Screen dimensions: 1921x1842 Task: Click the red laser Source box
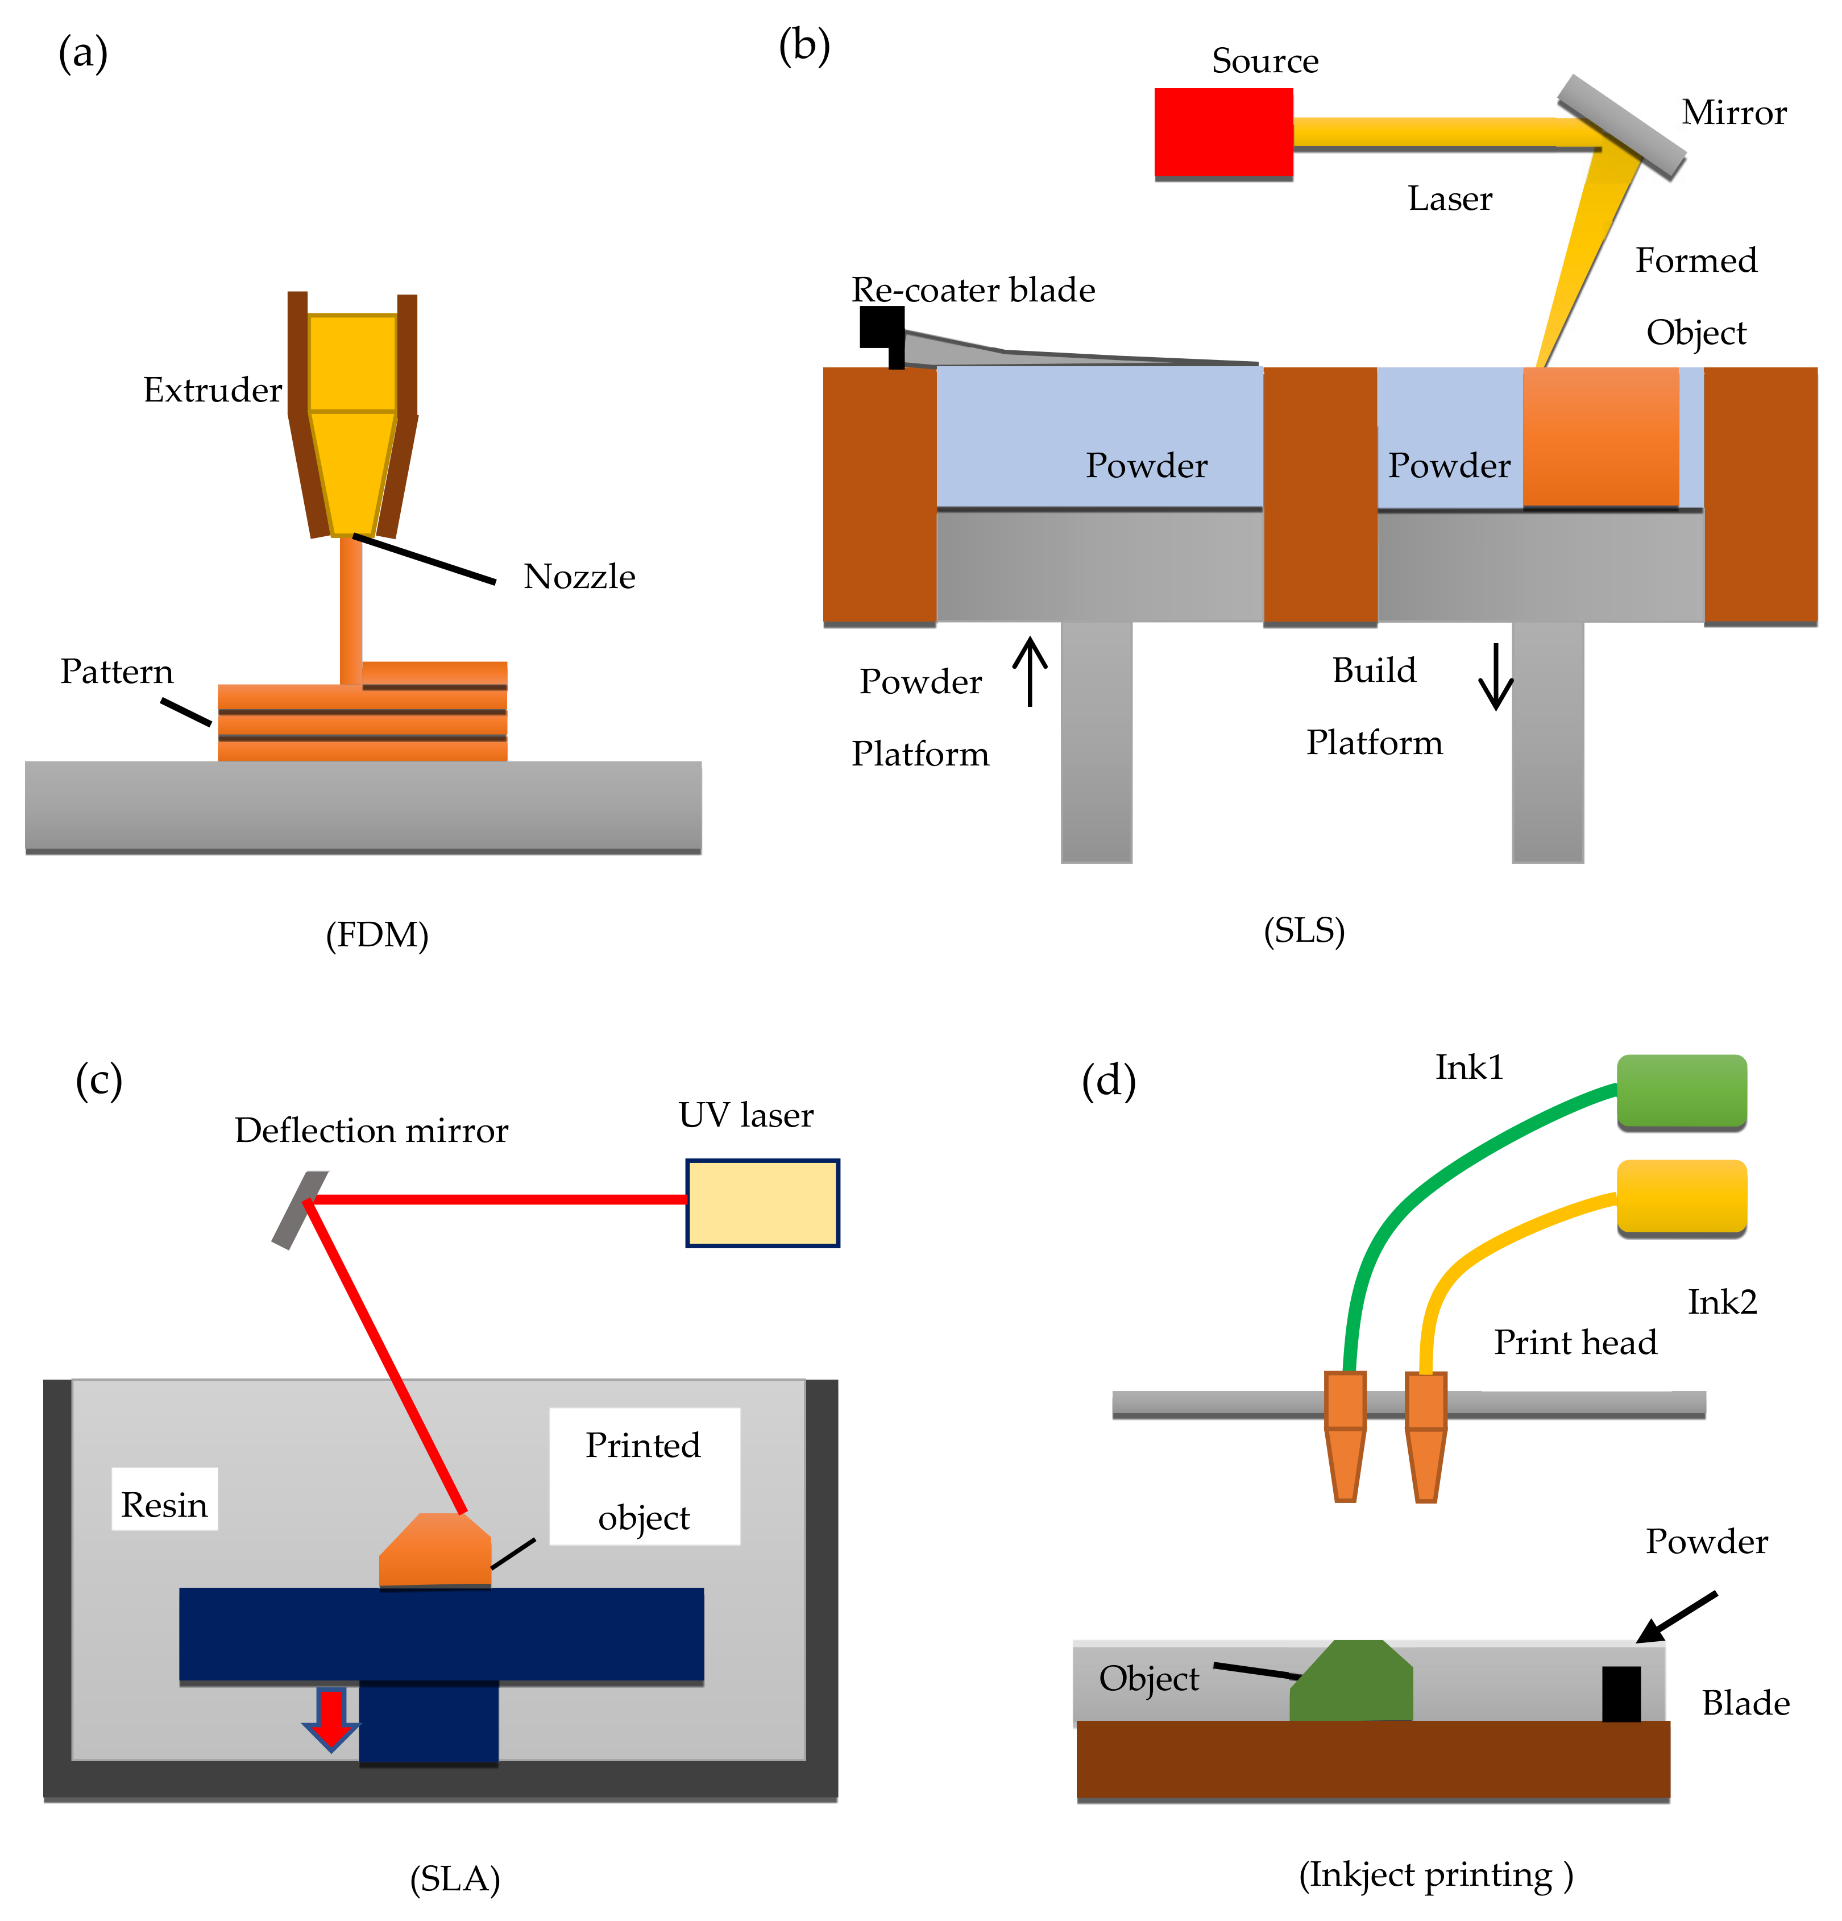coord(1223,133)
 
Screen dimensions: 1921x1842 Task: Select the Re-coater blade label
coord(972,290)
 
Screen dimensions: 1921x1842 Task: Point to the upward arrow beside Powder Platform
coord(1029,672)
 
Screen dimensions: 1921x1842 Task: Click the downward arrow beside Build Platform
coord(1495,676)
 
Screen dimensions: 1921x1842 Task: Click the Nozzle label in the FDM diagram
coord(579,576)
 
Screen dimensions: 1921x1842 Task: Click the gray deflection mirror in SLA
coord(299,1210)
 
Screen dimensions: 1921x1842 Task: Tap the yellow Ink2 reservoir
coord(1681,1196)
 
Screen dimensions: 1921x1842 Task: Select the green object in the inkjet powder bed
coord(1352,1683)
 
